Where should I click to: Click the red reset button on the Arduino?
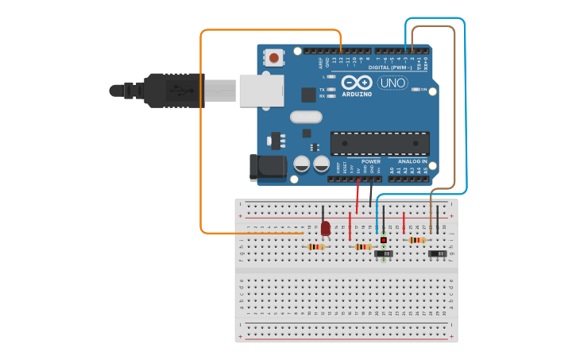(274, 57)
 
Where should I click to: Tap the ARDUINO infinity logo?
(357, 83)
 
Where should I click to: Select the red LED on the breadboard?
(325, 229)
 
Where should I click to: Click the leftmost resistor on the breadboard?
(316, 246)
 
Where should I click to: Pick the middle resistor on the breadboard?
(363, 246)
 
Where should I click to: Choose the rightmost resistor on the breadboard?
(416, 240)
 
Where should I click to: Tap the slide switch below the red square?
(384, 254)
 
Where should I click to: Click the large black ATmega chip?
(380, 144)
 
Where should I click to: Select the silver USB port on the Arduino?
(261, 90)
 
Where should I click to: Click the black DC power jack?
(268, 167)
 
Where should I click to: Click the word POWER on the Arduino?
(370, 161)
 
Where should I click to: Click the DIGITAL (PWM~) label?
(401, 68)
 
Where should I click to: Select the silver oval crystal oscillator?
(306, 117)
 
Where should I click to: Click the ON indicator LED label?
(423, 89)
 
